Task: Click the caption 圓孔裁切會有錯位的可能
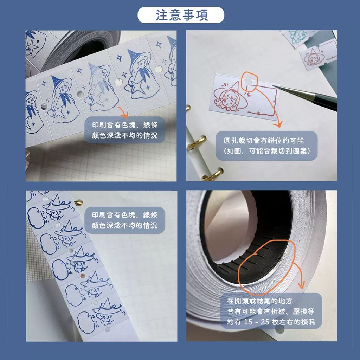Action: click(264, 140)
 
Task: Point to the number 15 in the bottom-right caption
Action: click(248, 322)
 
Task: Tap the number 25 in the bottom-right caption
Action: click(265, 322)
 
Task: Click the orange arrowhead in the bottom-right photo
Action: click(301, 285)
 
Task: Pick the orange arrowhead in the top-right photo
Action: click(278, 124)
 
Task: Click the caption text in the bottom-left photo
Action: click(125, 220)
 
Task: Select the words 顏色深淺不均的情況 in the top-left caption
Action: click(125, 135)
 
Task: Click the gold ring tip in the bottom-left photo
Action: click(78, 202)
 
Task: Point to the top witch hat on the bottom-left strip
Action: click(57, 200)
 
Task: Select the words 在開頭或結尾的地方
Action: click(260, 301)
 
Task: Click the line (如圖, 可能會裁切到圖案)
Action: click(267, 151)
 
